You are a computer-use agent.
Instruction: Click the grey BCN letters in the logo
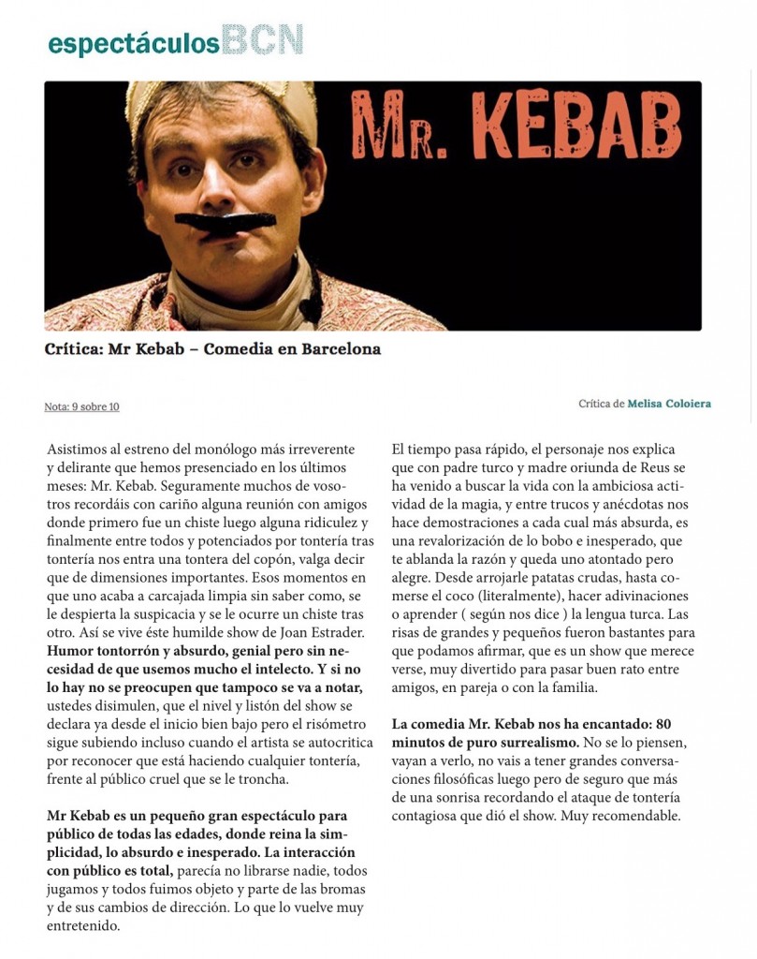pyautogui.click(x=264, y=40)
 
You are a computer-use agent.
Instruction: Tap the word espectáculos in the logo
pyautogui.click(x=134, y=43)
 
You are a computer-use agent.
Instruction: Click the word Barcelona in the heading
pyautogui.click(x=339, y=349)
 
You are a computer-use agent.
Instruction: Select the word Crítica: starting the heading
pyautogui.click(x=73, y=349)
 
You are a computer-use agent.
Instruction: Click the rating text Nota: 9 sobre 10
pyautogui.click(x=81, y=406)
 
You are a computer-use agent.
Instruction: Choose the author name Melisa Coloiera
pyautogui.click(x=668, y=404)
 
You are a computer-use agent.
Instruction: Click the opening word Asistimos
pyautogui.click(x=79, y=450)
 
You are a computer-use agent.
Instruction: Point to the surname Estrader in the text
pyautogui.click(x=338, y=632)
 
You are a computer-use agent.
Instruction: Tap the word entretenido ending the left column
pyautogui.click(x=83, y=925)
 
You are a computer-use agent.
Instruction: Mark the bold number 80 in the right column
pyautogui.click(x=663, y=724)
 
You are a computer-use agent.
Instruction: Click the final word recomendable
pyautogui.click(x=633, y=816)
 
